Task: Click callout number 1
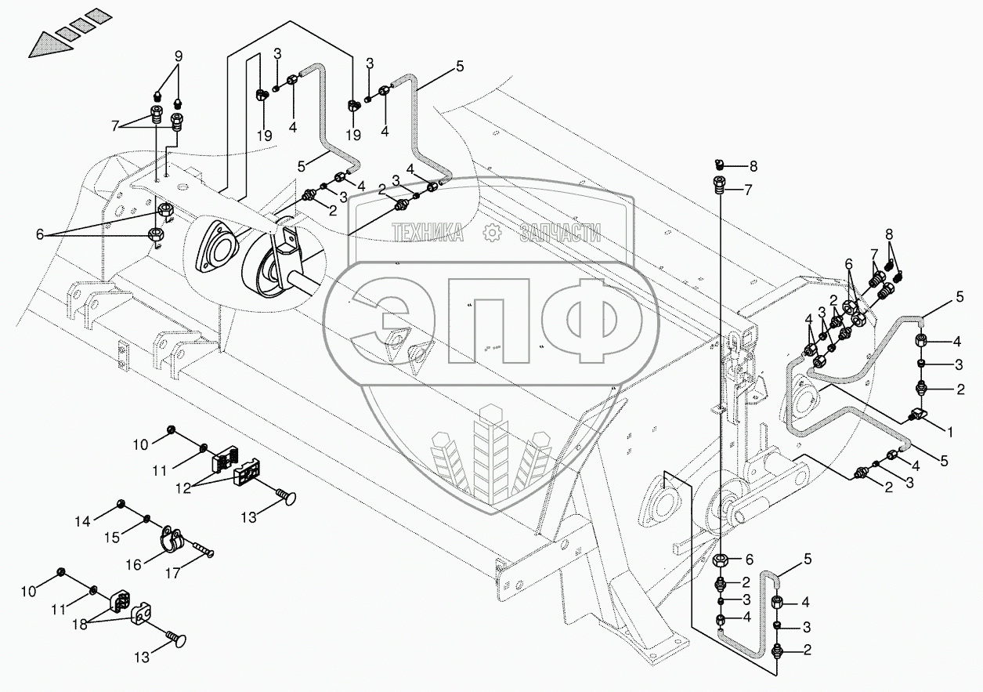(951, 430)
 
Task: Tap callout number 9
(179, 56)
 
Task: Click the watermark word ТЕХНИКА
(428, 232)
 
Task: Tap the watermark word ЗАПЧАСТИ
(561, 232)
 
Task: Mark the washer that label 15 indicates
(147, 518)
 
